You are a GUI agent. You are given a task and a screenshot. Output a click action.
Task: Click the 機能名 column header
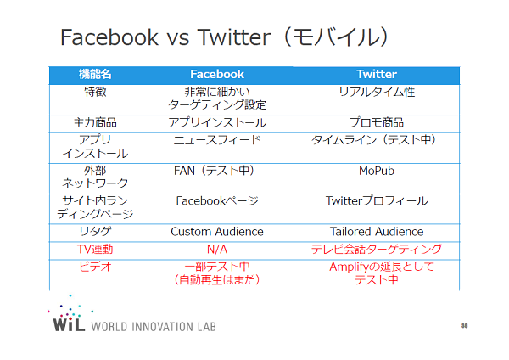[95, 74]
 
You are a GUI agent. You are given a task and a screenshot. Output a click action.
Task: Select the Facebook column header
[217, 74]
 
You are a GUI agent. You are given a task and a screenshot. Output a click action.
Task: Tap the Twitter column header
[377, 74]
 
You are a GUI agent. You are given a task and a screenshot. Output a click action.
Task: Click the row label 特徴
[95, 92]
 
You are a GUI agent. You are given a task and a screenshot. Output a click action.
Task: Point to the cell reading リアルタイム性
[377, 92]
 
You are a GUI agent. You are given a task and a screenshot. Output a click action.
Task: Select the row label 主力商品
[95, 122]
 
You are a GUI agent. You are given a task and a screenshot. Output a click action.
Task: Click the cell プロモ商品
[377, 122]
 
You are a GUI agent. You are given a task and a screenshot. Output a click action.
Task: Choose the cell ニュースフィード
[217, 140]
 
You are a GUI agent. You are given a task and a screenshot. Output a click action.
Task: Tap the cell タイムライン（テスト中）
[373, 140]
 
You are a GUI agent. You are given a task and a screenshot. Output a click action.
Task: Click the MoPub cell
[377, 171]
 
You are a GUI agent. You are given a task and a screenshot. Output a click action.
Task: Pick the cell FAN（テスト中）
[214, 171]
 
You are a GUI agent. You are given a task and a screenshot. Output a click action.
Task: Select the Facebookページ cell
[217, 201]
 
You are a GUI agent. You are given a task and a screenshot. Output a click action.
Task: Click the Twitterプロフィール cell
[377, 201]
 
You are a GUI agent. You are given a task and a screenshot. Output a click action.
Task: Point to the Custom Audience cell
[217, 232]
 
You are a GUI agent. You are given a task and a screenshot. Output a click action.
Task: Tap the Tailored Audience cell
[377, 232]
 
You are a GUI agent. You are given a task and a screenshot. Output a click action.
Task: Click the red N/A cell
[217, 250]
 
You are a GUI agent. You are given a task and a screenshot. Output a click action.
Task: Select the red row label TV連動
[95, 250]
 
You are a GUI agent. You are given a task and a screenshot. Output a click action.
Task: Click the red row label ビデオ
[95, 267]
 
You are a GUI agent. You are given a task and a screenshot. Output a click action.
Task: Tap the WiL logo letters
[69, 324]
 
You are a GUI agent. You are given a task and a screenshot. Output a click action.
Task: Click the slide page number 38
[465, 325]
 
